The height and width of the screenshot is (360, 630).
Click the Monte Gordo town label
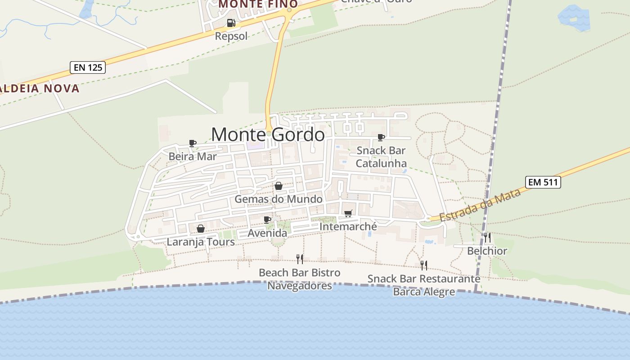[268, 135]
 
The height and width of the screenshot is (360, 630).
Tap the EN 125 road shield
[88, 68]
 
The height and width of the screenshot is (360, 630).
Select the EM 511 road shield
[543, 182]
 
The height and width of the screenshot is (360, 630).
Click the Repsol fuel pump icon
[231, 22]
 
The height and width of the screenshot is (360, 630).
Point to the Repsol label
[231, 36]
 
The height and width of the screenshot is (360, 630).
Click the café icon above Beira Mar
[193, 143]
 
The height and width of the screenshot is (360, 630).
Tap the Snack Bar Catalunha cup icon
[381, 137]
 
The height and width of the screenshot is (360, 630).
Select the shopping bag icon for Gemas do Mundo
[279, 186]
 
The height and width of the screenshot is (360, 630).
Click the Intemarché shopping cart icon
[348, 213]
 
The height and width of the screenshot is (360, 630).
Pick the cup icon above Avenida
[267, 220]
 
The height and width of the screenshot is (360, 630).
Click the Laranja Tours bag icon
[201, 229]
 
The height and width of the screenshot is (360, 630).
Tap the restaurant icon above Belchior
[487, 237]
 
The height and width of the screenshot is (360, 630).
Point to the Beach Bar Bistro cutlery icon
[300, 259]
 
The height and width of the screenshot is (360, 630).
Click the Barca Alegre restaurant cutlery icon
[424, 265]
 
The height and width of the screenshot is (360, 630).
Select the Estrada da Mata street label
[480, 205]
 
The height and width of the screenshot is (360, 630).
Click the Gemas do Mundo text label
[279, 199]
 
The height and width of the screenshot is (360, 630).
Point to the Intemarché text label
[348, 227]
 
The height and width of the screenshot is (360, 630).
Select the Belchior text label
[487, 251]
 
